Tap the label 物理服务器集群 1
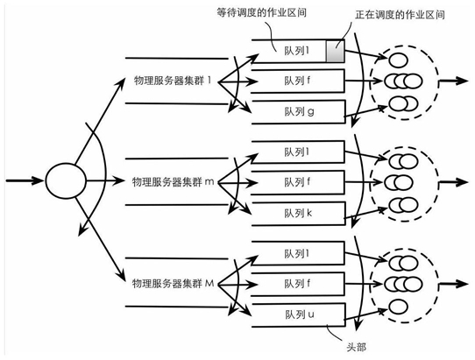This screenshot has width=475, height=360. pos(173,81)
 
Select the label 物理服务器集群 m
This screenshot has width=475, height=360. pos(173,182)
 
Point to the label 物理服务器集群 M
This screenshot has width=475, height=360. pos(173,284)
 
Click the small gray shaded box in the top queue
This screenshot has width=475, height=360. pos(335,51)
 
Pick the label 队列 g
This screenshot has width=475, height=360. pos(299,112)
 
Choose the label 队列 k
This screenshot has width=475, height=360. pos(298,213)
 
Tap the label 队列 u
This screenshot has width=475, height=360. pos(300,314)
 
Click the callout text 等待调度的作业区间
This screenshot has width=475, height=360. pos(261,12)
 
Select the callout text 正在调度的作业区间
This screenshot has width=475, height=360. pos(400,15)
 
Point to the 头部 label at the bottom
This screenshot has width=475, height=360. pos(356,347)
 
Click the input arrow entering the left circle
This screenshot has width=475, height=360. pos(25,180)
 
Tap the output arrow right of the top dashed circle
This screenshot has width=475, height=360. pos(453,81)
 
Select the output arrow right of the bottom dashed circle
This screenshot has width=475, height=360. pos(453,284)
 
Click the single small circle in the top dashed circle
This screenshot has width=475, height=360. pos(398,60)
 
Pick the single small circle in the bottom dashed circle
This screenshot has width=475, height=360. pos(398,307)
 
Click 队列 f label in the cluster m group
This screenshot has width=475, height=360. pos(297,182)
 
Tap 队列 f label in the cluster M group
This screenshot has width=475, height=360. pos(297,284)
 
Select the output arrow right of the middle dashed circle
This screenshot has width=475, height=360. pos(453,182)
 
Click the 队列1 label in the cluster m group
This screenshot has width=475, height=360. pos(297,152)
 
